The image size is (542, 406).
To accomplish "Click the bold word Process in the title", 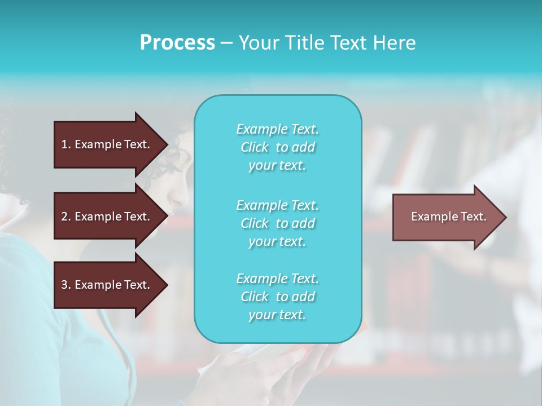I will coord(177,43).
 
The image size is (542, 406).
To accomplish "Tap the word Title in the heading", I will coord(300,43).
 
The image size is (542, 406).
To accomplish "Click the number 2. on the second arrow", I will coord(65,217).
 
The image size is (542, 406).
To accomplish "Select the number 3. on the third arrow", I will coord(65,285).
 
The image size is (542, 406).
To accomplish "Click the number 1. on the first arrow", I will coord(65,144).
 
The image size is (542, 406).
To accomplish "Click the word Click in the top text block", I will coord(255,148).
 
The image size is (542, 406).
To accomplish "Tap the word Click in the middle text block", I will coord(255,224).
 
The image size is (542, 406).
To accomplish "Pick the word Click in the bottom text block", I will coord(255,297).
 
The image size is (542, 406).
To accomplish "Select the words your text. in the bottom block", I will coord(277,315).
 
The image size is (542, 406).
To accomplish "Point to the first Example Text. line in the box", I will coord(277,130).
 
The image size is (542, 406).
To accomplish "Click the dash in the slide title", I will coord(226,43).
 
